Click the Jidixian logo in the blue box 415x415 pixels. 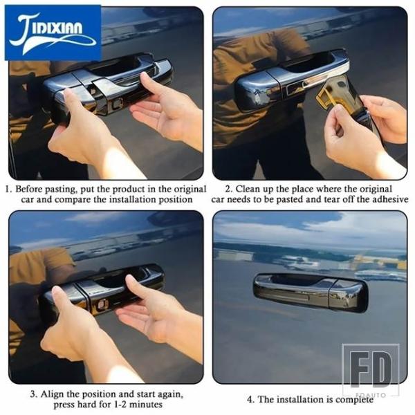click(53, 33)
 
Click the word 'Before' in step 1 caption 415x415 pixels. click(29, 190)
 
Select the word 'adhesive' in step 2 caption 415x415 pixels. click(390, 199)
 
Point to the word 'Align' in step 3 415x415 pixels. click(52, 394)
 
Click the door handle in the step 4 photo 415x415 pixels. click(310, 292)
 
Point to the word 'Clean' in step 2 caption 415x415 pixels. click(248, 189)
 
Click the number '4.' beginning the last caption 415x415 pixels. click(251, 399)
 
